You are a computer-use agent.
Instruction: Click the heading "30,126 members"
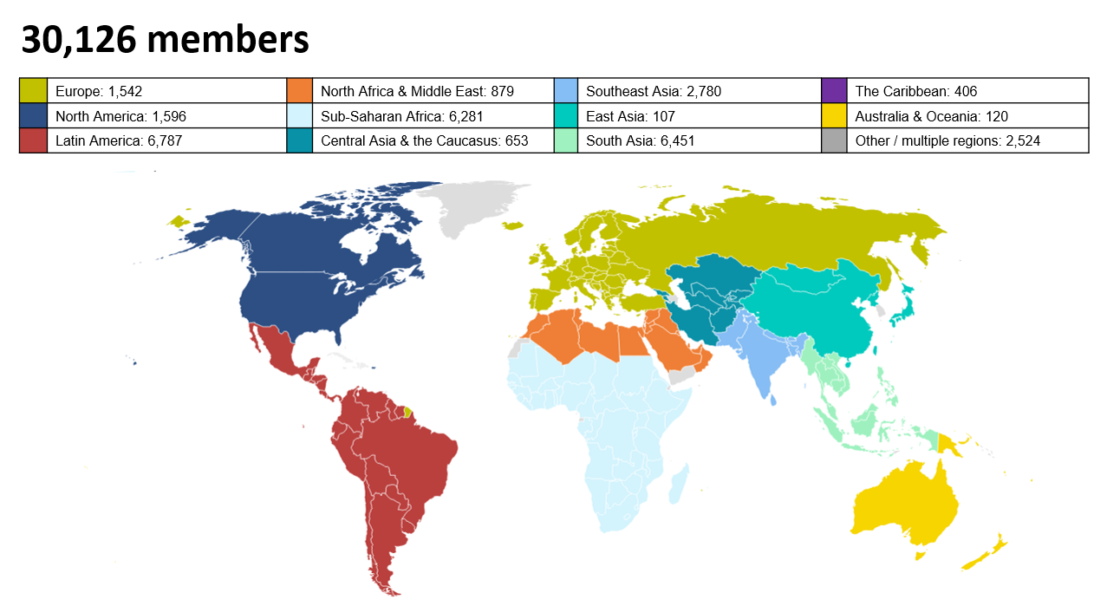click(165, 40)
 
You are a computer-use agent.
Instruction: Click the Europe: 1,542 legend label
click(99, 91)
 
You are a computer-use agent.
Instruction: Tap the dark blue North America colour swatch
click(33, 116)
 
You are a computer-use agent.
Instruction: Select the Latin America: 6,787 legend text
click(119, 140)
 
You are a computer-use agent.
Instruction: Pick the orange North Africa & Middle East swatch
click(300, 91)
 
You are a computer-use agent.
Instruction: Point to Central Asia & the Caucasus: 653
click(424, 140)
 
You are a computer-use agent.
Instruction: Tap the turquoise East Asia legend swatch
click(567, 116)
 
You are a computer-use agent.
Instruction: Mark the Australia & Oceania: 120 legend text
click(931, 116)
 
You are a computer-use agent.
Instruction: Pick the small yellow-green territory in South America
click(407, 411)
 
